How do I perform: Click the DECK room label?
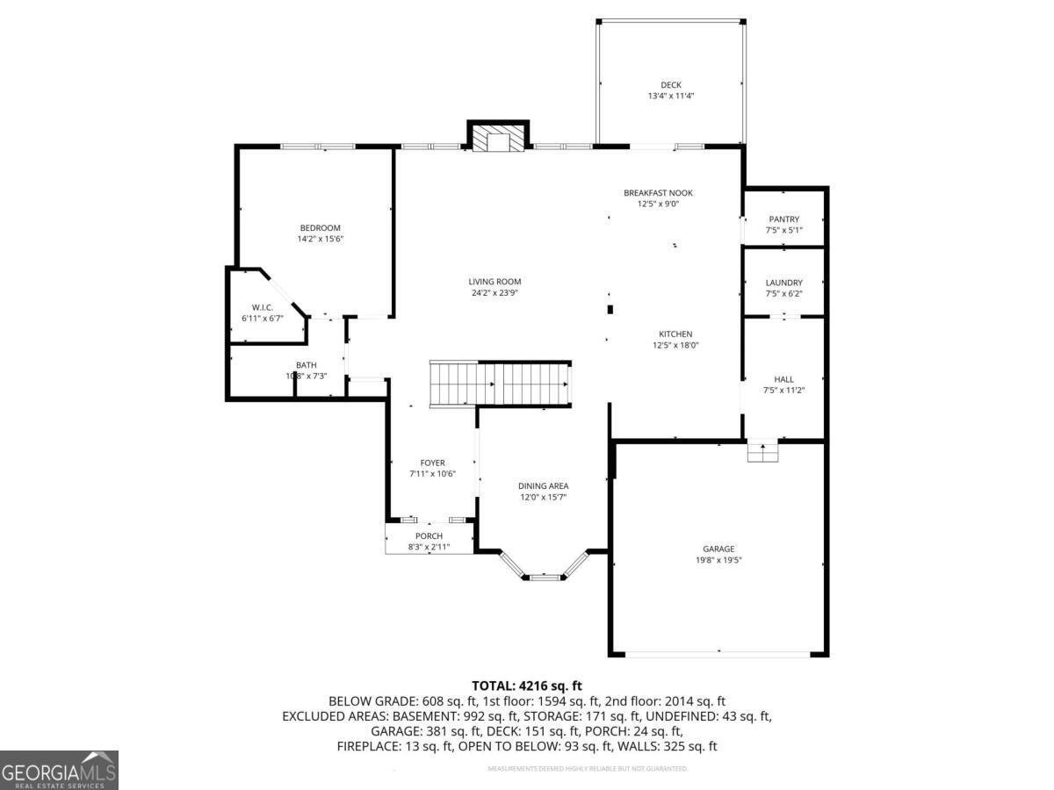(x=671, y=85)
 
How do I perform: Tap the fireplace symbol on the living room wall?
(x=498, y=138)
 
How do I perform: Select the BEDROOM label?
(x=320, y=228)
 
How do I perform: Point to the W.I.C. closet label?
(x=263, y=307)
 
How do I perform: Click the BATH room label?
(x=306, y=365)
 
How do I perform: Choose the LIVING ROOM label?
(x=495, y=282)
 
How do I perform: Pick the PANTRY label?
(x=783, y=219)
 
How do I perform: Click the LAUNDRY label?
(x=783, y=283)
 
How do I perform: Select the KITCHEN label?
(x=675, y=334)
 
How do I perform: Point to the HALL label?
(x=783, y=379)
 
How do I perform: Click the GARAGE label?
(x=718, y=549)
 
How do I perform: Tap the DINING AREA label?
(x=543, y=486)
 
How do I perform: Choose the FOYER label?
(x=432, y=463)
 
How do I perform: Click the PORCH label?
(x=429, y=536)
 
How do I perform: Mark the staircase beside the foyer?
(x=499, y=384)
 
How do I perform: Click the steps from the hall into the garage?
(x=762, y=452)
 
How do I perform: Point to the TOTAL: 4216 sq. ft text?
(x=527, y=686)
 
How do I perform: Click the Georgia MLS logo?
(x=59, y=770)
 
